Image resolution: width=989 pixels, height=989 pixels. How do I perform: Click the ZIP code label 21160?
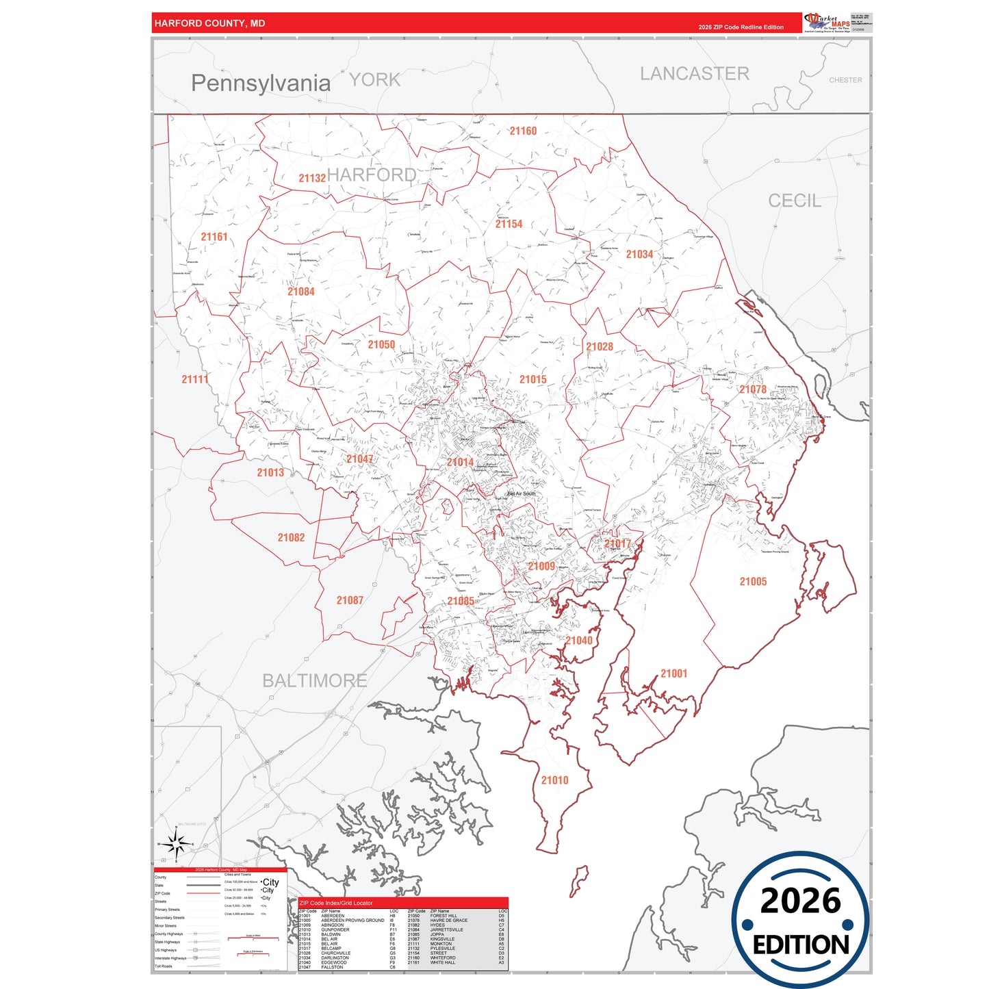523,131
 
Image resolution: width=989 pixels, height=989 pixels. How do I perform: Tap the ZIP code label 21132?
312,178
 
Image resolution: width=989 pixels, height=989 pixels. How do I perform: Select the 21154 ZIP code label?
509,224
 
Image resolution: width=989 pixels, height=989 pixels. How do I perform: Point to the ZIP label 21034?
639,254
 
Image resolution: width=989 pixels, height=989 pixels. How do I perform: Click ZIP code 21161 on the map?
214,237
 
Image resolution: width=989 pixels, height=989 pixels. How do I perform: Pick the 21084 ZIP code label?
301,292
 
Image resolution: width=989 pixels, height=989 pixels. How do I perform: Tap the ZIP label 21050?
381,345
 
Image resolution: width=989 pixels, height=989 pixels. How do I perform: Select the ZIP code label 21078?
753,389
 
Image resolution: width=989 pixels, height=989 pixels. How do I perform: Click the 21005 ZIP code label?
753,582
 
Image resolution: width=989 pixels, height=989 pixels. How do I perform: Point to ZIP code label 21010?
554,780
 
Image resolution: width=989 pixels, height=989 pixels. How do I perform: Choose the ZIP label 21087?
350,600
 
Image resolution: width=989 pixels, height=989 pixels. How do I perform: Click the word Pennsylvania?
261,84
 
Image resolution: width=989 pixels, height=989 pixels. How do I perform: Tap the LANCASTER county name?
694,74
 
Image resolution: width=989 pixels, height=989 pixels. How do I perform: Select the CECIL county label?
794,201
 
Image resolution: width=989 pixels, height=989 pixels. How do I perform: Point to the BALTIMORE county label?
315,681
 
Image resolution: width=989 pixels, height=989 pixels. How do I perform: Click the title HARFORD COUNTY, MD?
209,23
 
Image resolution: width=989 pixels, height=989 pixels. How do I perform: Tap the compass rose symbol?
177,846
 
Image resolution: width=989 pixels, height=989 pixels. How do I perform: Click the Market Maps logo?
827,23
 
